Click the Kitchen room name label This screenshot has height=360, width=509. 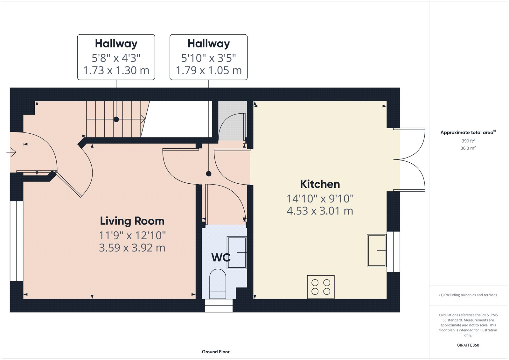pos(320,184)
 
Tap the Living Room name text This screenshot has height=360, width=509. pos(132,221)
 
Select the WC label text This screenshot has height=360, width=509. pos(221,257)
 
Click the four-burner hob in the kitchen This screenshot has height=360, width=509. pos(321,287)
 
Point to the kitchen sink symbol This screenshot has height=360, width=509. pos(377,251)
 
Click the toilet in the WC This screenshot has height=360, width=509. pos(218,283)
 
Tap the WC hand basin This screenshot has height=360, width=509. pos(237,252)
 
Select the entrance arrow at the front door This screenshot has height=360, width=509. pos(11,152)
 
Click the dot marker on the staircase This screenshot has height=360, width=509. pos(116,119)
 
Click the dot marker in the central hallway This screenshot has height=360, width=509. pos(208,174)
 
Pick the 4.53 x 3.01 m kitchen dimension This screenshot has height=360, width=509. pos(320,211)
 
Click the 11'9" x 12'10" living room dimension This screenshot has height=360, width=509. pos(132,236)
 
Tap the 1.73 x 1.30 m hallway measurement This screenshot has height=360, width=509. pos(116,70)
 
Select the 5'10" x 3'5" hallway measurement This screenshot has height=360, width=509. pos(208,58)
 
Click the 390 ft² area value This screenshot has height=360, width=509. pos(468,141)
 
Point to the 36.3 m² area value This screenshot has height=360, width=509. pos(468,148)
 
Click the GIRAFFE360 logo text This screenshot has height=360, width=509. pos(468,345)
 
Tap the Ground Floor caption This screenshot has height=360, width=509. pos(215,352)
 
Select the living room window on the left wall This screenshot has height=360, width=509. pos(17,241)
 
